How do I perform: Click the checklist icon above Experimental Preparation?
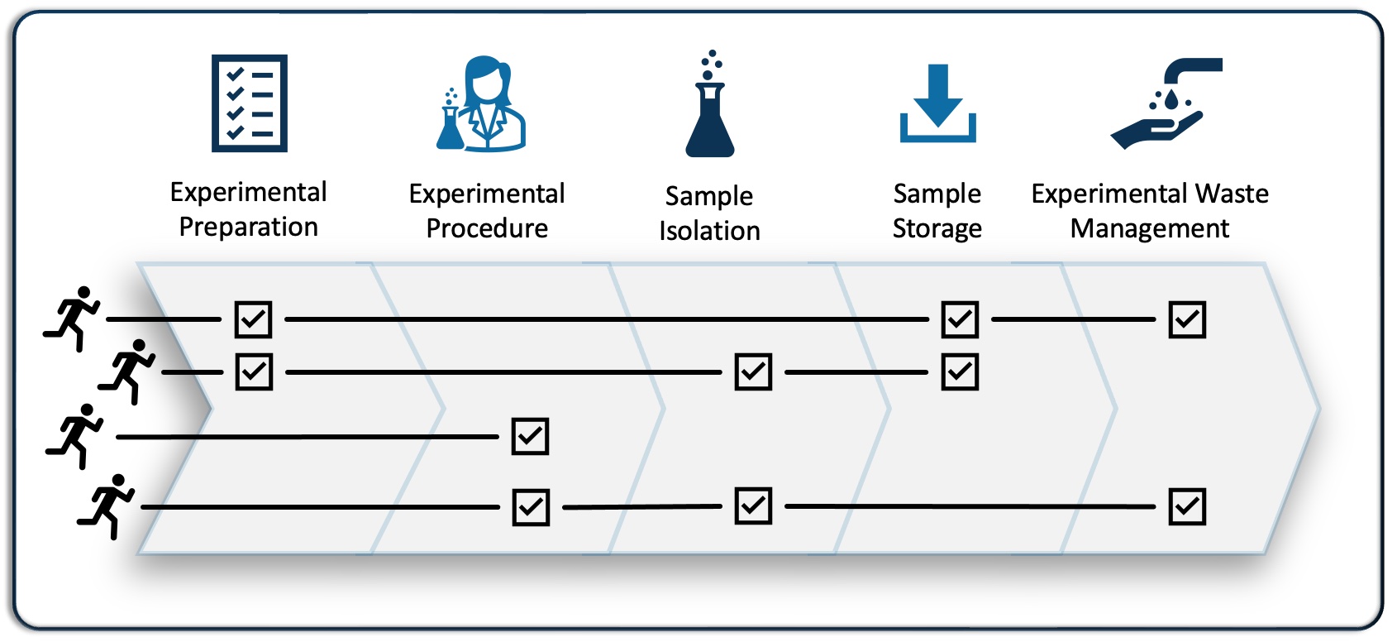point(249,103)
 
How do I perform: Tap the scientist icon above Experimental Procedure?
point(483,104)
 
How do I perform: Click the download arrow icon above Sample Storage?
point(937,103)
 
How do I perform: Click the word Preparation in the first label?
point(248,227)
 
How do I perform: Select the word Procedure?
point(487,228)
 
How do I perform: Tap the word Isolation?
point(709,231)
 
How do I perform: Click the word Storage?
point(937,228)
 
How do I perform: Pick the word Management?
point(1149,228)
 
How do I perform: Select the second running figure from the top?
point(127,371)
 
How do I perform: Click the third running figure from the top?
point(75,436)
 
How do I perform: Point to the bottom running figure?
point(107,506)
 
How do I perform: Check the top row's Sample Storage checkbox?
point(960,319)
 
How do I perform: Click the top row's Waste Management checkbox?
point(1187,319)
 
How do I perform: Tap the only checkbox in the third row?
point(530,436)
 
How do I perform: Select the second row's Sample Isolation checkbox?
point(753,372)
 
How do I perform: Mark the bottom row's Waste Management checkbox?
point(1187,506)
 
